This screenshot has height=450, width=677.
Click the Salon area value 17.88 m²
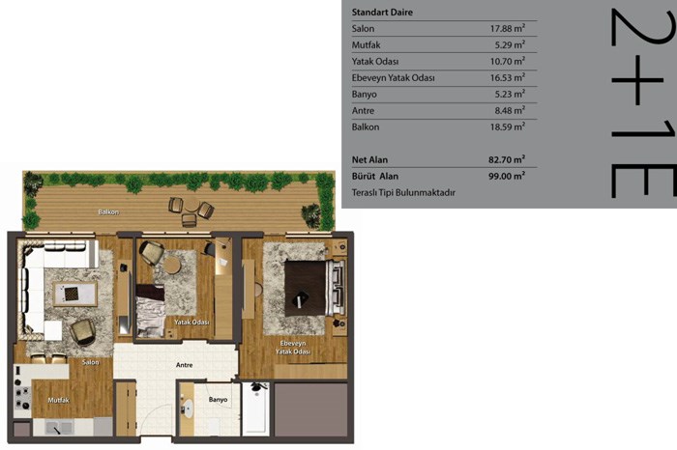coord(508,28)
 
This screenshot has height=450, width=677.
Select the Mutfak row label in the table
coord(367,44)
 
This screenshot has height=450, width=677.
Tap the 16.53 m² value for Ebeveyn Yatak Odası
coord(508,77)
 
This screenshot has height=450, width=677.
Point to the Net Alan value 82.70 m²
coord(507,159)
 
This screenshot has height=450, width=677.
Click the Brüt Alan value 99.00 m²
coord(507,176)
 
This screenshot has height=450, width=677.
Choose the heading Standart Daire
coord(382,12)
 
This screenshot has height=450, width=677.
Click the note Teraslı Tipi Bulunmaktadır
coord(403,193)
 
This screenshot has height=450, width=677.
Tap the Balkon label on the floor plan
coord(108,212)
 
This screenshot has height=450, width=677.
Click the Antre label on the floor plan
coord(185,365)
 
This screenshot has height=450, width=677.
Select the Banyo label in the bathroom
coord(218,400)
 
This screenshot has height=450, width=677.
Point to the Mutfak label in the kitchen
coord(58,400)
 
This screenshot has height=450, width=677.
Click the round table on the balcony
coord(191,205)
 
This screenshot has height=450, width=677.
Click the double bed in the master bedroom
coord(314,288)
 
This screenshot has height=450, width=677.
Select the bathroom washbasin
coord(188,408)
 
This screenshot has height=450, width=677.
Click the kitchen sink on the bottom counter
coord(59,428)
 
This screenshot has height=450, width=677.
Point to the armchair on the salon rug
coord(83,332)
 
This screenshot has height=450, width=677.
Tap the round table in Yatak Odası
coord(172,266)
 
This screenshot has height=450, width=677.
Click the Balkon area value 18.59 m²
coord(508,127)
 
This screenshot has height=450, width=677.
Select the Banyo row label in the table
coord(364,94)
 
